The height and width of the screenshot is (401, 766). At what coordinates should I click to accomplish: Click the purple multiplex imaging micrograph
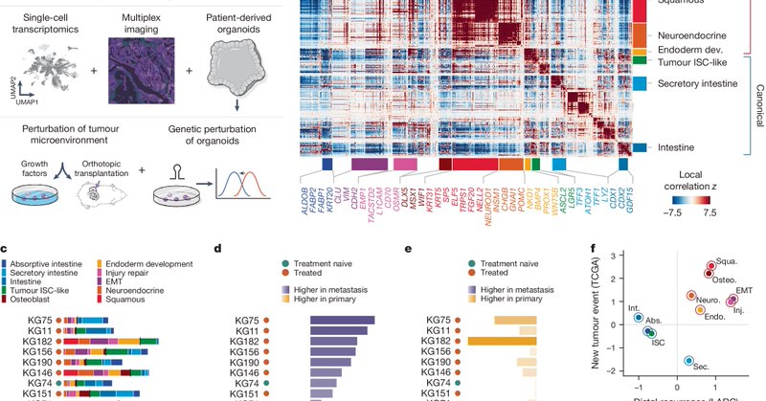[143, 67]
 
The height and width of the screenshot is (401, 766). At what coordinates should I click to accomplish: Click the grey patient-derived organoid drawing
[233, 66]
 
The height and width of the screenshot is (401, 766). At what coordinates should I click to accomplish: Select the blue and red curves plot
[245, 190]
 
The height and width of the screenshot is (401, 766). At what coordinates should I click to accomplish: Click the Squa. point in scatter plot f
[711, 266]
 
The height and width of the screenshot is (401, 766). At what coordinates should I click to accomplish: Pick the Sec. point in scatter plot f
[688, 361]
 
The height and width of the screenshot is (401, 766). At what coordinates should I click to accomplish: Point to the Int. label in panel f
[633, 308]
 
